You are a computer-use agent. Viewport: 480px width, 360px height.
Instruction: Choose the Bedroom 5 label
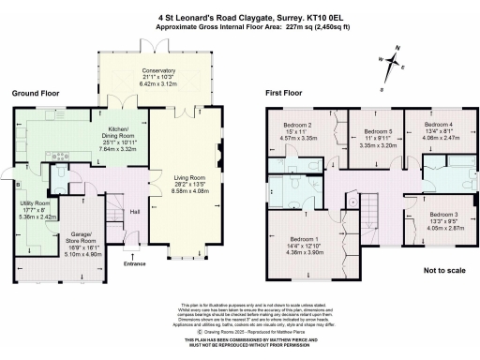pyautogui.click(x=378, y=131)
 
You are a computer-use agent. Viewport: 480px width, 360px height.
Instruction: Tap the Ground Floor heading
pyautogui.click(x=37, y=94)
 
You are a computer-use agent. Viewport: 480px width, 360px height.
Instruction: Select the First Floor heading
pyautogui.click(x=289, y=94)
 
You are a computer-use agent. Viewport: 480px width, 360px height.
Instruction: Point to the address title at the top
pyautogui.click(x=240, y=16)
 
